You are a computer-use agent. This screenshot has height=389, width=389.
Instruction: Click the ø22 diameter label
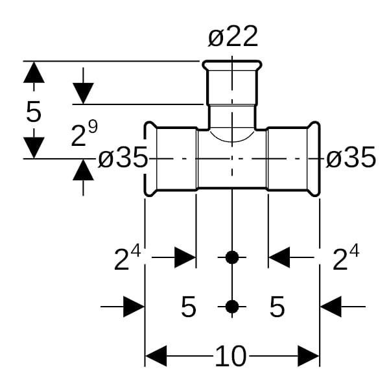point(233,38)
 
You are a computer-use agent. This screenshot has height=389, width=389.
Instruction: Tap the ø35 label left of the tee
point(123,158)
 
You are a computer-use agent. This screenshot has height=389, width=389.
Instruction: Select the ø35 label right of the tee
point(351,158)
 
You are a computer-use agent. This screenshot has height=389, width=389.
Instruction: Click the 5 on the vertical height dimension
point(34,112)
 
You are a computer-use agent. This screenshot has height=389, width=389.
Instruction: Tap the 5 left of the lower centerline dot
point(188,307)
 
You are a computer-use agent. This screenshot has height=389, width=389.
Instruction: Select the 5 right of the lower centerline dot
point(277,307)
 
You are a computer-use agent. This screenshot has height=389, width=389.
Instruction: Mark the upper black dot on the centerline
point(232,257)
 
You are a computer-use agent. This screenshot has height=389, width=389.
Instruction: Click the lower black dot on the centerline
point(232,307)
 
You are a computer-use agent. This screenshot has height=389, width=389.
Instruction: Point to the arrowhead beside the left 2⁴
point(184,258)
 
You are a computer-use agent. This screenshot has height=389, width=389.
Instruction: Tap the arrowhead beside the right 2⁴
point(279,258)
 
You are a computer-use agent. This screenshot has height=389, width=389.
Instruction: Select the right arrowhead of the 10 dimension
point(308,355)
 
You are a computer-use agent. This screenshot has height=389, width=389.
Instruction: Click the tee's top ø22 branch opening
point(232,65)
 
